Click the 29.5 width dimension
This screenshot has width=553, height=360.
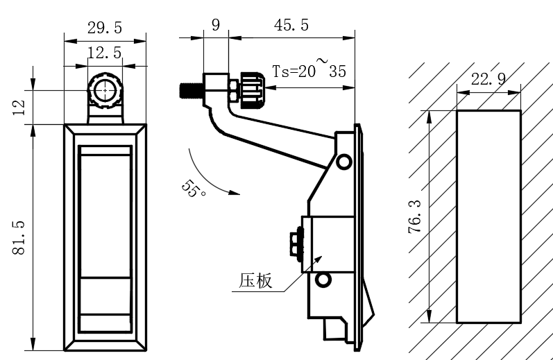coord(105,28)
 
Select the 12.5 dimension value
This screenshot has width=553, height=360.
coord(105,53)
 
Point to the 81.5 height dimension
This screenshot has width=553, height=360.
coord(19,237)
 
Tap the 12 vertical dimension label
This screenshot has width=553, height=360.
coord(19,107)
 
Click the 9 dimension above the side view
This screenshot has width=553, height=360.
coord(216,26)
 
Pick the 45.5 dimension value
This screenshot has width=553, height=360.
coord(291,26)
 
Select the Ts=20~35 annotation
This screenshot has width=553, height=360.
coord(308,71)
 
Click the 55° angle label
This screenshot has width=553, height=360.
coord(194,189)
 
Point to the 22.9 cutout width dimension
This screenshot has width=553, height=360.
coord(488,79)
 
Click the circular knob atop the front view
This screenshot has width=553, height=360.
coord(104,90)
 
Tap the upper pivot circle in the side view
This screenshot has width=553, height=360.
coord(344,162)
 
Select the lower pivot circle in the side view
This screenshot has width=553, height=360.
coord(322,280)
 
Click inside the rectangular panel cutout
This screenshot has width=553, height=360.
coord(488,216)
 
